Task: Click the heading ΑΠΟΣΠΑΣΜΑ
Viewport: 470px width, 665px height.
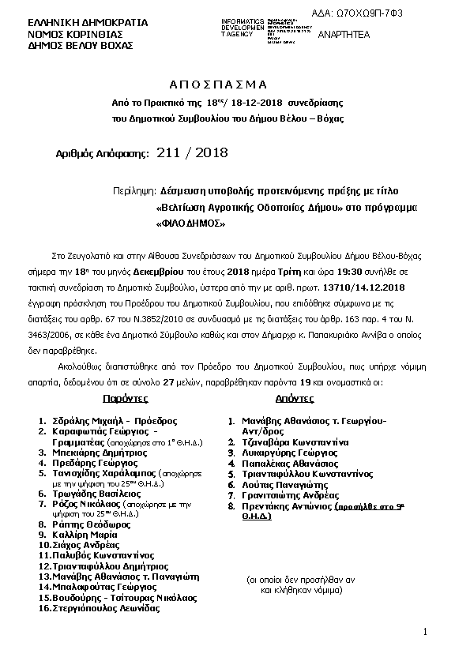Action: [x=219, y=85]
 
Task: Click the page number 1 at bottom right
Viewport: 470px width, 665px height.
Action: [x=425, y=633]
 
